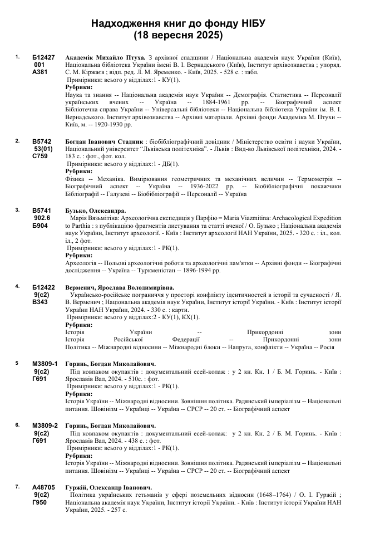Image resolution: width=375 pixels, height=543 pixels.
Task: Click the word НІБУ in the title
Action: click(251, 23)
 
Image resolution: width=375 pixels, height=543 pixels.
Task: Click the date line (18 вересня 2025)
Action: click(178, 36)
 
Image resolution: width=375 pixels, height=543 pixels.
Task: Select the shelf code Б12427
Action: click(43, 57)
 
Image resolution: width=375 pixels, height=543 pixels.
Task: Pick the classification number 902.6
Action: click(42, 218)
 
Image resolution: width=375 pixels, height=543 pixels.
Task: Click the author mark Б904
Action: click(40, 226)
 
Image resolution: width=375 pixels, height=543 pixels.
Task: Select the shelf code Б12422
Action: click(43, 287)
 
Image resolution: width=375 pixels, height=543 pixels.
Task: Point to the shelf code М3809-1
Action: click(45, 364)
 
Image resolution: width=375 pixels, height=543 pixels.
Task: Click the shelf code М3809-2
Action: click(45, 425)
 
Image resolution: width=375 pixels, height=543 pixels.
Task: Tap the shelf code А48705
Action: click(43, 487)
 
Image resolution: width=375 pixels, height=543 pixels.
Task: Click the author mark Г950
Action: click(40, 502)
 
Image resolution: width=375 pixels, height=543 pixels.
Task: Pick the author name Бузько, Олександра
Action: click(95, 211)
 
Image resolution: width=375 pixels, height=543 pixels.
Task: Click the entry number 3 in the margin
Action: click(18, 210)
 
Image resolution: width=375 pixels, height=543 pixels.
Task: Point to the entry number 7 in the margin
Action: click(18, 486)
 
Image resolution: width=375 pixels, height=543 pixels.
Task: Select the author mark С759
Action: click(40, 156)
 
